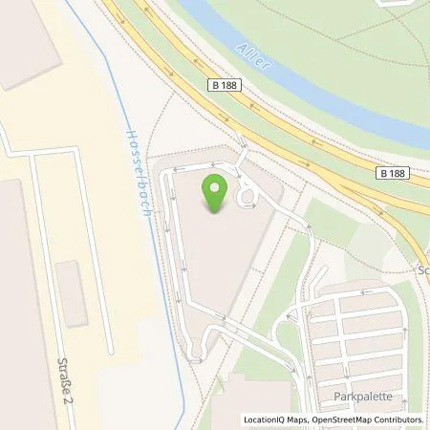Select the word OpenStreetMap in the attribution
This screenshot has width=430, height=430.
[x=346, y=419]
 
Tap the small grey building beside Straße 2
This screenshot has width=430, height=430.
[x=73, y=291]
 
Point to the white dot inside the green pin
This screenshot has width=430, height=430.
[x=215, y=184]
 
